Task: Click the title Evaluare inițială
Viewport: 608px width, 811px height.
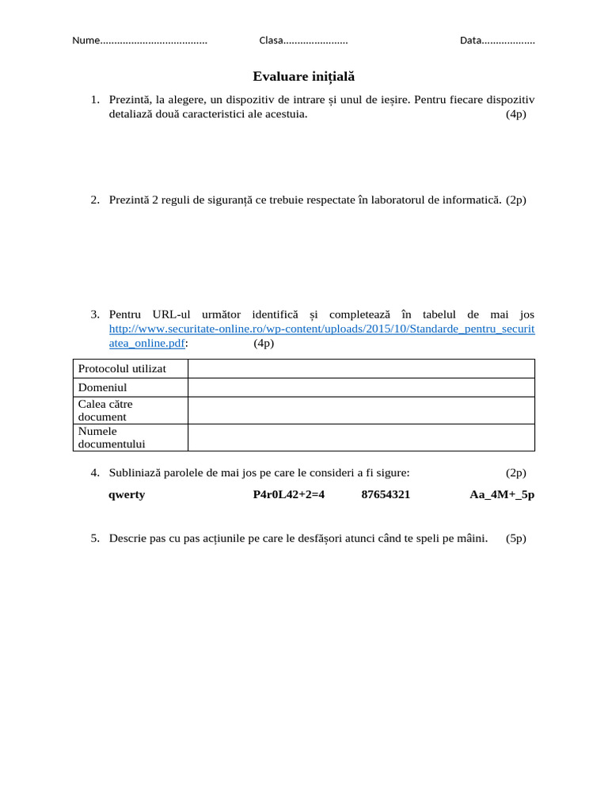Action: point(304,77)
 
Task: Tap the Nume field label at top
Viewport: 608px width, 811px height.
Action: point(85,40)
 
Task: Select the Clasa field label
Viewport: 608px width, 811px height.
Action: point(272,40)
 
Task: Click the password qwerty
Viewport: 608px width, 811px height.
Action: point(127,495)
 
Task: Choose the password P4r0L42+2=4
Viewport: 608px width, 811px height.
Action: point(289,495)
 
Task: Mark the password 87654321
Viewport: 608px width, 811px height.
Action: point(386,495)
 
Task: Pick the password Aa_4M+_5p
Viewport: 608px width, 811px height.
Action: point(502,495)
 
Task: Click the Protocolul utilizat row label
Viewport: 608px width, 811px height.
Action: point(122,369)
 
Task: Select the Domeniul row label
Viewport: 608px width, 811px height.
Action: point(103,388)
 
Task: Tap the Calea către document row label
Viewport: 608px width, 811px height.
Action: point(105,410)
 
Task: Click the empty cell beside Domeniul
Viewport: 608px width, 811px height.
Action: point(361,388)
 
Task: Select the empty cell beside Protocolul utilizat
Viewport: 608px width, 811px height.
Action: point(361,369)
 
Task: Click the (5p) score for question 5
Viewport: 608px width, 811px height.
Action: point(516,539)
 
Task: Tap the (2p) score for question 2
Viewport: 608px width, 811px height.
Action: point(516,200)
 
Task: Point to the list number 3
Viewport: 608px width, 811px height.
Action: point(95,314)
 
